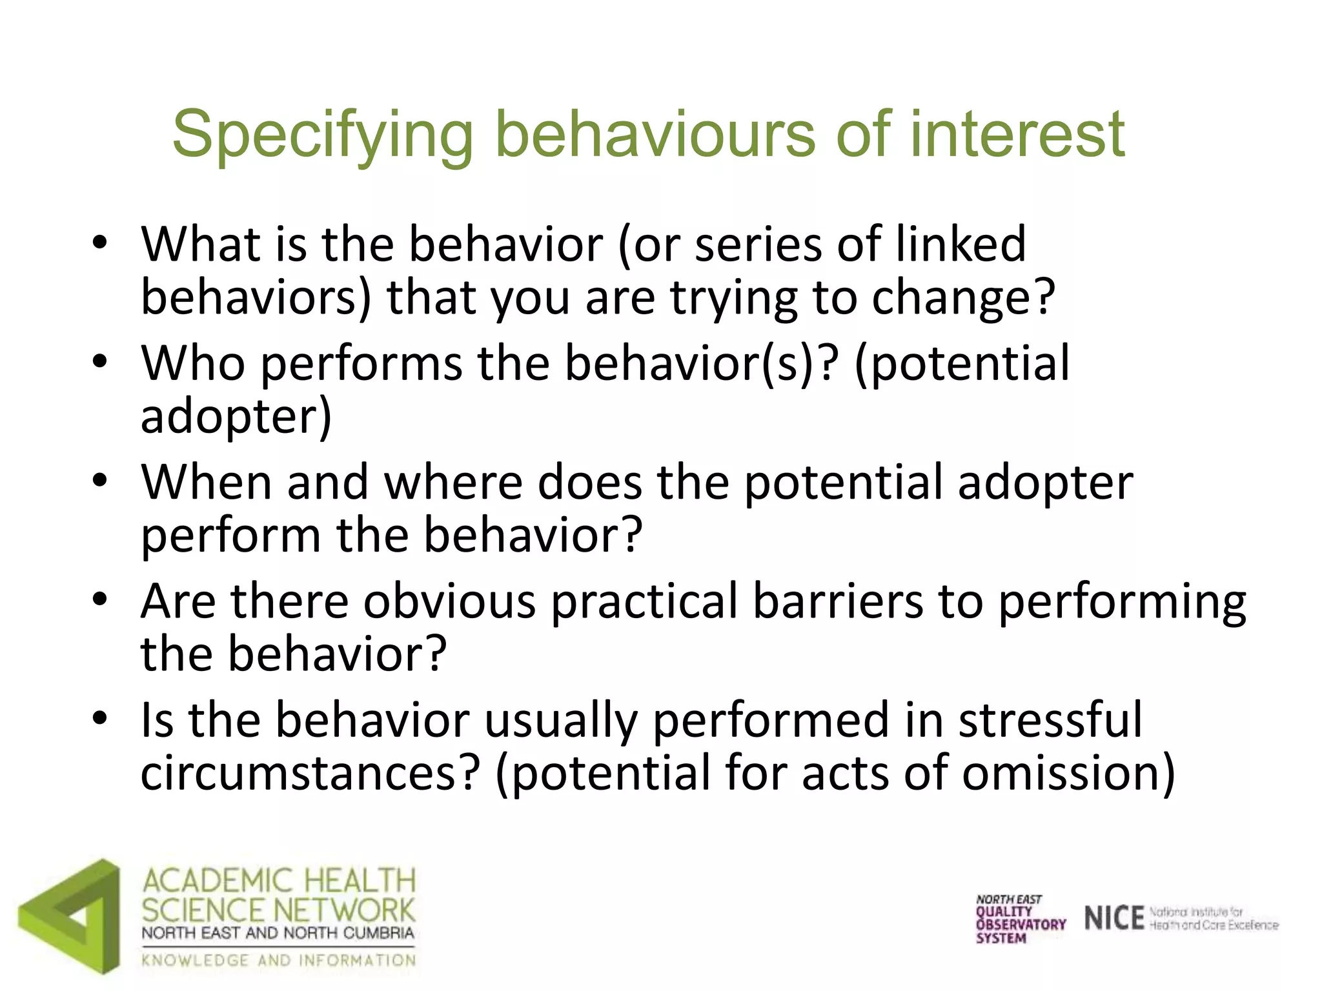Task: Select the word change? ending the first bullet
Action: [963, 298]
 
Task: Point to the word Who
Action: [193, 363]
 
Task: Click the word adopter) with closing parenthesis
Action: [236, 417]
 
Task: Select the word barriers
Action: [838, 601]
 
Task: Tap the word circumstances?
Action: [310, 774]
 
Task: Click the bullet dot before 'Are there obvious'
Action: [99, 599]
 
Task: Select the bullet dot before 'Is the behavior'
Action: [99, 717]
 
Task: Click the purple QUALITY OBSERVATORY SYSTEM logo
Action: [1020, 919]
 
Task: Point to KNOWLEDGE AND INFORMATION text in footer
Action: [278, 961]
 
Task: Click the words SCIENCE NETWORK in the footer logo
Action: [278, 910]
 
